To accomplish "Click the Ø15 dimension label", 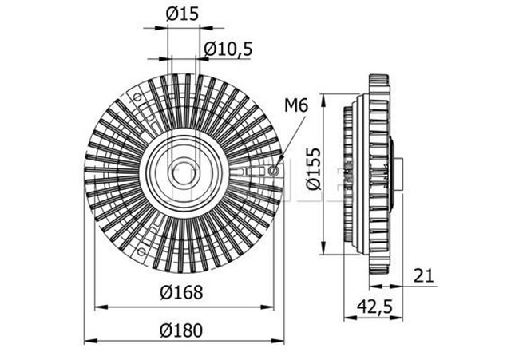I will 184,14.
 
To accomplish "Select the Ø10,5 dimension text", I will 228,49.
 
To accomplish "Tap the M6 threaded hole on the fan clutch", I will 275,169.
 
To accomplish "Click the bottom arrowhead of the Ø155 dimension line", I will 323,247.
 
